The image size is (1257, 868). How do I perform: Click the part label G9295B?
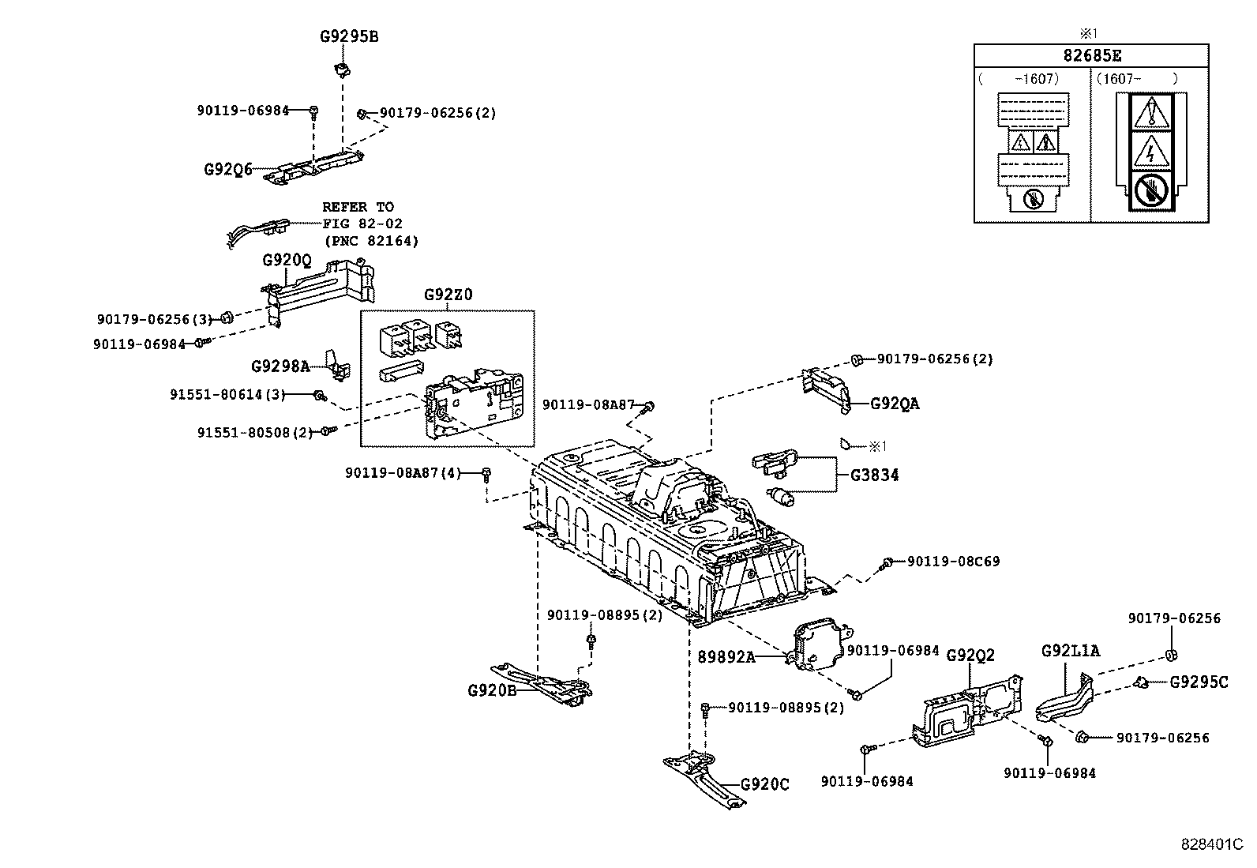point(349,36)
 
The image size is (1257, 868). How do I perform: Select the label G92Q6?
point(228,169)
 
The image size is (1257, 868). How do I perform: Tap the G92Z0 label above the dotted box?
point(448,295)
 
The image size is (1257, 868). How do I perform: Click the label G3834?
point(874,475)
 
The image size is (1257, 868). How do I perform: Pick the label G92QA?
point(895,404)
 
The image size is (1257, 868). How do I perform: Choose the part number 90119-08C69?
point(953,562)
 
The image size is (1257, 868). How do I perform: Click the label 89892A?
point(726,656)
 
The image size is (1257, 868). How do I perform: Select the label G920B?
point(492,690)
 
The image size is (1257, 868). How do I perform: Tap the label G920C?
point(764,784)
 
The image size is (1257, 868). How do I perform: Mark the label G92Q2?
point(970,655)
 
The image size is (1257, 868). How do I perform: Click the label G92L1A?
point(1070,650)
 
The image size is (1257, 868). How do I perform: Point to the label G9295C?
point(1199,682)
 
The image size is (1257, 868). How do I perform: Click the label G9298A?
point(280,366)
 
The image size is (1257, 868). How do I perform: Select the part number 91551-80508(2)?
point(255,432)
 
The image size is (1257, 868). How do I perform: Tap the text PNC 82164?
point(370,241)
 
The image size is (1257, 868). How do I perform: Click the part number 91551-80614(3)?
point(227,393)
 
